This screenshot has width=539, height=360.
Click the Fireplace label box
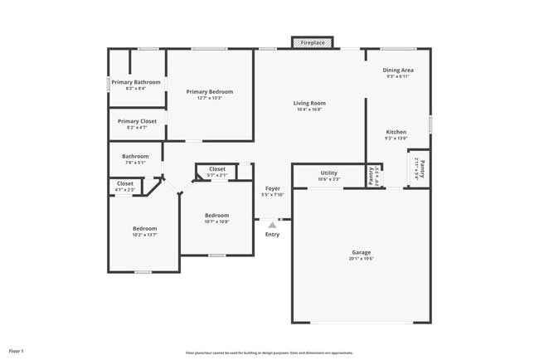(x=313, y=41)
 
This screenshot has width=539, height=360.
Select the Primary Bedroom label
(x=209, y=91)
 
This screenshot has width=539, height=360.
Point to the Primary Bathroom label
(x=136, y=82)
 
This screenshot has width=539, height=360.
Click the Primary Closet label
(x=136, y=121)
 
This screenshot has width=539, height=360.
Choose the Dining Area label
(x=398, y=71)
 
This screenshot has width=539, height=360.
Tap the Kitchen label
(x=396, y=132)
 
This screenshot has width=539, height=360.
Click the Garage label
(x=361, y=252)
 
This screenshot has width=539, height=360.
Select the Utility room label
(x=329, y=173)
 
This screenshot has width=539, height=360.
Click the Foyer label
(x=272, y=189)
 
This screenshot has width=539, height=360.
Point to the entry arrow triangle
(x=272, y=223)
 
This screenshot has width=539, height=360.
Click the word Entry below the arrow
(x=272, y=235)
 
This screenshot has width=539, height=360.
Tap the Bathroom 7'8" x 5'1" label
(x=135, y=156)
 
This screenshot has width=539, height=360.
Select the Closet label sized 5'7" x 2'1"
(x=217, y=169)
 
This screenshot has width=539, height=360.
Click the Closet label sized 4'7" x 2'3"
(x=125, y=183)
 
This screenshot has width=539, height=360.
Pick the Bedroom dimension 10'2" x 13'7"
(x=144, y=235)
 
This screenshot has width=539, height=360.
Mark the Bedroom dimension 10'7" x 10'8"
(x=217, y=221)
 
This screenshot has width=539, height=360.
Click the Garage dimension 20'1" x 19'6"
(x=361, y=259)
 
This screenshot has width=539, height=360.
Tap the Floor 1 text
(x=17, y=352)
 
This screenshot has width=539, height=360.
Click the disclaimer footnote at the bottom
(x=269, y=353)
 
